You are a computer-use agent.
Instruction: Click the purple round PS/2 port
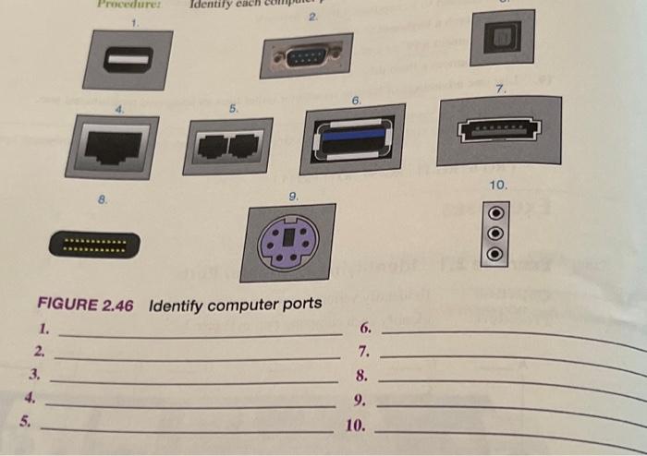[x=287, y=243]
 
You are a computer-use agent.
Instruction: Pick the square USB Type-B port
[x=502, y=38]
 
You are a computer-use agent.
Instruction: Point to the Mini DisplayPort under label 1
[x=128, y=60]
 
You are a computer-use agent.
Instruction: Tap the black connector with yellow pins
[x=95, y=246]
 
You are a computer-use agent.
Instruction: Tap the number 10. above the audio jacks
[x=497, y=186]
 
